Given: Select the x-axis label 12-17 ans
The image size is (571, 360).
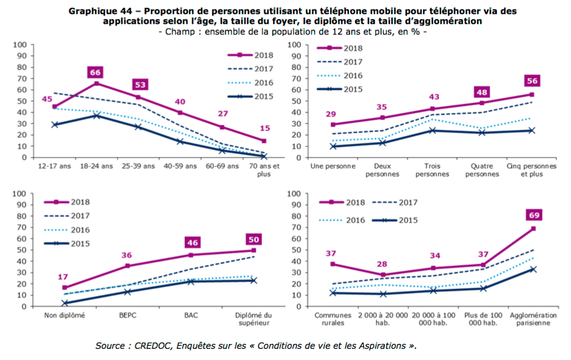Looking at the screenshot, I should pos(55,167).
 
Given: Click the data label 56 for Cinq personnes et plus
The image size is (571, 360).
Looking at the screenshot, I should pos(532,81).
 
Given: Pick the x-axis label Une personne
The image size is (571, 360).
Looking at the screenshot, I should pos(333,167).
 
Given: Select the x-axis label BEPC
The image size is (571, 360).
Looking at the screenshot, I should pos(127,315).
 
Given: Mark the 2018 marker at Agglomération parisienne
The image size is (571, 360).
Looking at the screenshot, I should pos(533,229).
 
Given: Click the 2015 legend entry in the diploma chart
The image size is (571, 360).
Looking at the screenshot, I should pos(72,243).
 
